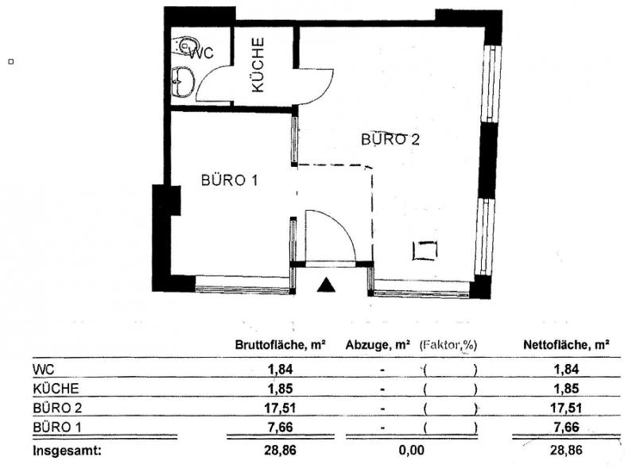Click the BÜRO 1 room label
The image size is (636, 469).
tap(229, 180)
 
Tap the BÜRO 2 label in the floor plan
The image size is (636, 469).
tap(390, 139)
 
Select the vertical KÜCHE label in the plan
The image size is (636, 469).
tap(258, 65)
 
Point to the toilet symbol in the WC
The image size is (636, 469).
tap(187, 45)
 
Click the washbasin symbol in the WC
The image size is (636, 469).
tap(183, 82)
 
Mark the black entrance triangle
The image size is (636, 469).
tap(326, 285)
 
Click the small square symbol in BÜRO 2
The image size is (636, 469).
tap(425, 250)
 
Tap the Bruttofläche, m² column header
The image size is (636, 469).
tap(281, 345)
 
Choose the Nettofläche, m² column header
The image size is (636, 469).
tap(566, 345)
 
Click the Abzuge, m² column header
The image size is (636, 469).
tap(378, 345)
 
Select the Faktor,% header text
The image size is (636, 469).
tap(448, 345)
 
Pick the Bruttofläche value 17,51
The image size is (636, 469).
tap(280, 408)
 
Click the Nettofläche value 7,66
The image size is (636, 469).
tap(566, 427)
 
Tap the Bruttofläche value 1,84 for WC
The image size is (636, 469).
tap(280, 369)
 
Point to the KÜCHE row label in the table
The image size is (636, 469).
tap(56, 389)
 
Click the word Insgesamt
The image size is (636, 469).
tap(67, 451)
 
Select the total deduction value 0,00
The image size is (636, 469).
tap(412, 450)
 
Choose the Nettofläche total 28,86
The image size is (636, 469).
tap(566, 450)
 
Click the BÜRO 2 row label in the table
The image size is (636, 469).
tap(57, 408)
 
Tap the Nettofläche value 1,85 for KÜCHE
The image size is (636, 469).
tap(566, 388)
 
